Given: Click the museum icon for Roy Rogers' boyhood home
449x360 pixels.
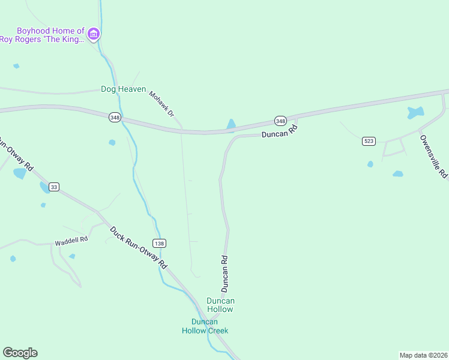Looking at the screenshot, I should coord(93,34).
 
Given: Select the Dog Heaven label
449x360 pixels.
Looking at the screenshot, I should coord(123,89).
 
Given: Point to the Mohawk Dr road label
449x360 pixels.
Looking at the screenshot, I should coord(161,104).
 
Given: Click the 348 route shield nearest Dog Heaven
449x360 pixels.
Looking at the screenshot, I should coord(115,118).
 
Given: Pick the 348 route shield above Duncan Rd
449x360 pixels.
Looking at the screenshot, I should coord(280,121).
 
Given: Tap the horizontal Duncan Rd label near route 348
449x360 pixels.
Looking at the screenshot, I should coord(279,131).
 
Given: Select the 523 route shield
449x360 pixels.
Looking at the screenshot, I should coord(369,141).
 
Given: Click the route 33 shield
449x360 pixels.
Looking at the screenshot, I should coord(54,187).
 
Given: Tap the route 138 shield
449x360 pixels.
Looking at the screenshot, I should coord(158,243).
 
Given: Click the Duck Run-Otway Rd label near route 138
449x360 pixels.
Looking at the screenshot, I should coord(139,247).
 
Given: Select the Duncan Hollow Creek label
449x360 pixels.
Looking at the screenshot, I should coord(205,326).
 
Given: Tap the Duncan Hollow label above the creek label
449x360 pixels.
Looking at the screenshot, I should coord(220,305).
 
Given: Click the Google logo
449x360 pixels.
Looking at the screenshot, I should coord(20,353).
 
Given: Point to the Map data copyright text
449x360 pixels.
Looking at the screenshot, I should coord(423,355).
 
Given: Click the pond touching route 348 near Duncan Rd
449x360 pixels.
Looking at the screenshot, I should coord(231,125).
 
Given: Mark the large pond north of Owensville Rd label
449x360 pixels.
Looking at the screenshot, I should coord(415,112).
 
